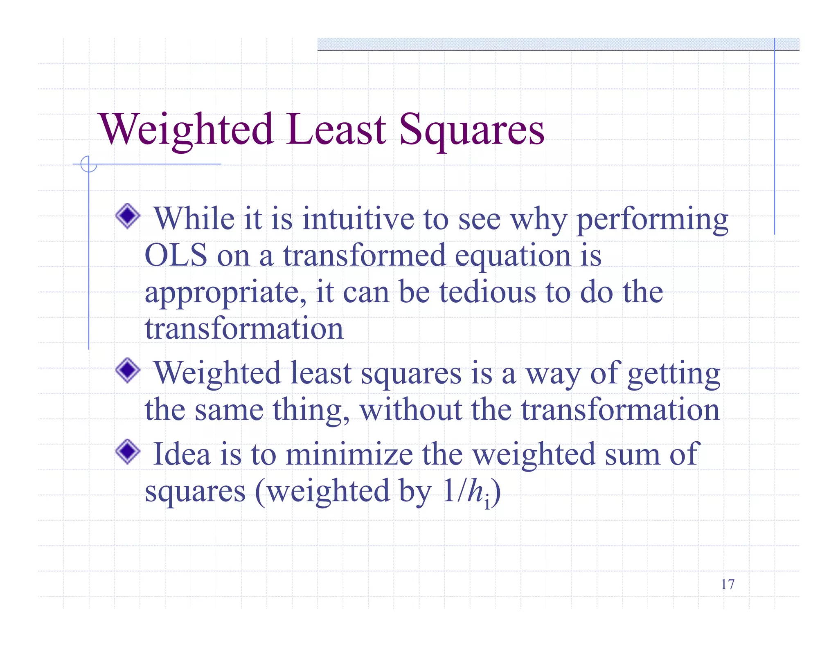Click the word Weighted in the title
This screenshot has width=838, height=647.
coord(186,130)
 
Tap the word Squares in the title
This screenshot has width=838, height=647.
coord(471,130)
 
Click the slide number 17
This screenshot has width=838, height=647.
coord(728,584)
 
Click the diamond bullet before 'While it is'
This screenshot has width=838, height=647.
coord(128,216)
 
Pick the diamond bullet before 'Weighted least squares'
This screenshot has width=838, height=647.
coord(128,371)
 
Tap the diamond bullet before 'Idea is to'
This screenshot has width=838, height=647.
coord(128,452)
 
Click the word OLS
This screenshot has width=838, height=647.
coord(176,256)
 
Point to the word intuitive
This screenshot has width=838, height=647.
coord(358,219)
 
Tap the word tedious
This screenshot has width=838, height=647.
coord(487,292)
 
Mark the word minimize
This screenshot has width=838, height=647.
coord(349,454)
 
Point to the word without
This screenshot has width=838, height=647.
coord(411,410)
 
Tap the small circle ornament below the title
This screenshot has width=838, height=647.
coord(89,164)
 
